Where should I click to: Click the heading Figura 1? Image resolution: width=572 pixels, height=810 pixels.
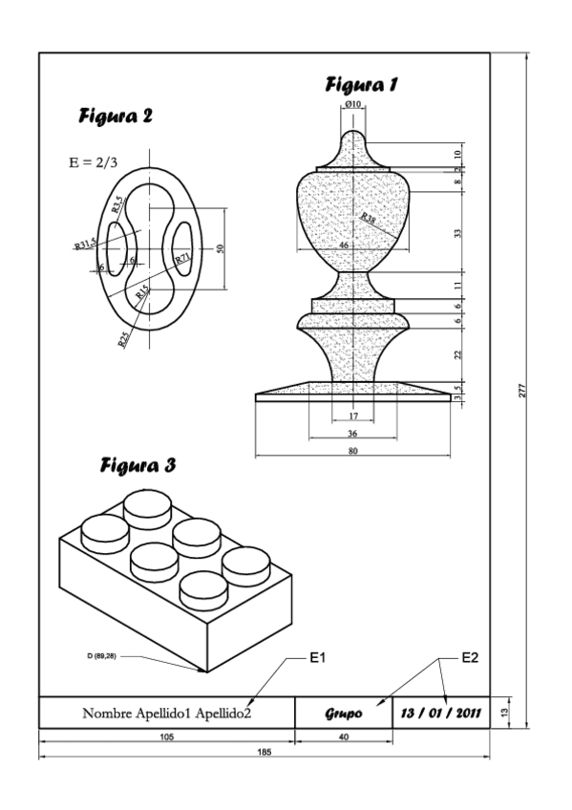click(362, 85)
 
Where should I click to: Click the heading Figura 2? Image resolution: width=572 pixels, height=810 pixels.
click(116, 117)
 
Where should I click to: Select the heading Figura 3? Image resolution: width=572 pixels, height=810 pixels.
click(138, 466)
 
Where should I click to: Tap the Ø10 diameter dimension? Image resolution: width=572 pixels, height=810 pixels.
click(352, 104)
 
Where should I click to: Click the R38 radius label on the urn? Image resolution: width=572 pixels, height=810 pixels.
click(369, 220)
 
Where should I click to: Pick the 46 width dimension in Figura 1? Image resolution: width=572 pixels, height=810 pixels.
click(344, 245)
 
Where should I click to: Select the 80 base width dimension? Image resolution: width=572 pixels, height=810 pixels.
click(353, 451)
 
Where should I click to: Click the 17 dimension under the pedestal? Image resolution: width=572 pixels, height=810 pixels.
click(353, 416)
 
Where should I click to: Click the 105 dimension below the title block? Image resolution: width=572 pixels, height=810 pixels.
click(167, 737)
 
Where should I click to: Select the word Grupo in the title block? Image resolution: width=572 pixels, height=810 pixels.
click(344, 713)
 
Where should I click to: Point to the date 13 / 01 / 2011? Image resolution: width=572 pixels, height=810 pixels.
click(441, 713)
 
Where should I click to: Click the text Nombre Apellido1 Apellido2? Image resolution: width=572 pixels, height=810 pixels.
click(167, 713)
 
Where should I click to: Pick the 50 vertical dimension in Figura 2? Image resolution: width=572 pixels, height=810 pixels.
click(221, 248)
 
